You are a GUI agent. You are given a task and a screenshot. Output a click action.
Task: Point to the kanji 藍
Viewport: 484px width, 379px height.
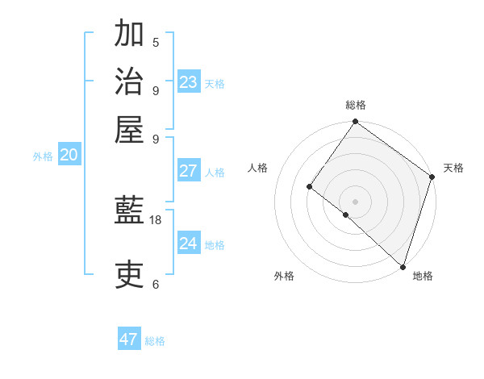coord(129,211)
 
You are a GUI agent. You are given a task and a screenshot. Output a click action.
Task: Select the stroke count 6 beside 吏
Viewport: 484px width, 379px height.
coord(156,284)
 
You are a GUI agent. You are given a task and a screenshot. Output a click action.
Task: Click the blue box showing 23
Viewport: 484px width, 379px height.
coord(189,82)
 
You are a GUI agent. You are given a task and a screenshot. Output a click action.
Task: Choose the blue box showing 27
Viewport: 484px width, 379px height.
coord(189,171)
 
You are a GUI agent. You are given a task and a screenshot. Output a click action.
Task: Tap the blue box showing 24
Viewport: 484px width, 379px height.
coord(189,244)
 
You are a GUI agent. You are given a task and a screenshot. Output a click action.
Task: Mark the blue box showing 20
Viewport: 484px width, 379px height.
coord(69,156)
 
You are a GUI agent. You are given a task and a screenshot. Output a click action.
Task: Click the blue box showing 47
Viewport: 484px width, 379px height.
coord(129,339)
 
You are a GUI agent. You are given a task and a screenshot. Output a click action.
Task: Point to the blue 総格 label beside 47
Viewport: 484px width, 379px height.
coord(155,341)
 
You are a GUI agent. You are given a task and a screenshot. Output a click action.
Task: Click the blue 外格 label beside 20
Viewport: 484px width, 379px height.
coord(43,156)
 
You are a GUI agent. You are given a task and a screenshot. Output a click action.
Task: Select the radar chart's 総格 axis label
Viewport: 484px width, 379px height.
coord(355,105)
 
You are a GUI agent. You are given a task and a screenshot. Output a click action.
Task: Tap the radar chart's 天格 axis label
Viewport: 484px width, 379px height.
coord(453,168)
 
